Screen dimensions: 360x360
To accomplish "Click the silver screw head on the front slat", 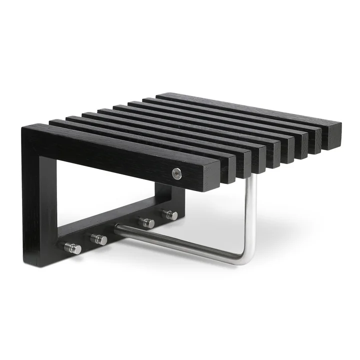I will click(x=176, y=173).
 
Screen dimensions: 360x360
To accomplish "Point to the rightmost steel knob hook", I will click(x=170, y=215).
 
